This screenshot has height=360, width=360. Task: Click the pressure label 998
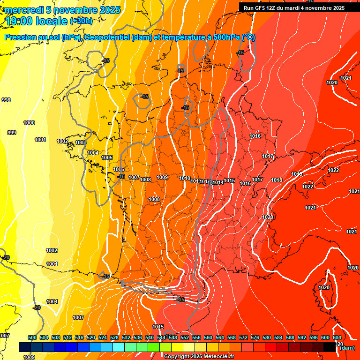point(6,100)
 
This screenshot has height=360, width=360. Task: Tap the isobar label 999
point(12,133)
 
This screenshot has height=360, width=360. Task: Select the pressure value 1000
point(29,123)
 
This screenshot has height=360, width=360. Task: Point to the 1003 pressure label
point(81,142)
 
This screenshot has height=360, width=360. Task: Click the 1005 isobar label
point(107,157)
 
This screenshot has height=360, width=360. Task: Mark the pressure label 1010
point(185,178)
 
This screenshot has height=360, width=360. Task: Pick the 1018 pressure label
point(277,180)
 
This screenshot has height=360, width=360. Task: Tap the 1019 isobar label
point(297,174)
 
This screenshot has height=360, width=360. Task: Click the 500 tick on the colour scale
point(32,337)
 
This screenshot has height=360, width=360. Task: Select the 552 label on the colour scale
point(185,337)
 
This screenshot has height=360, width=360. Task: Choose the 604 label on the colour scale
point(337,337)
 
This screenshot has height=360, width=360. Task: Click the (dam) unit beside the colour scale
point(347,347)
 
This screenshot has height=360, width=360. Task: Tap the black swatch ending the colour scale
point(330,347)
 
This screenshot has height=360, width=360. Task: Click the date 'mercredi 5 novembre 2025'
point(63,10)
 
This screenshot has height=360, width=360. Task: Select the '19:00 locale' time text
point(37,21)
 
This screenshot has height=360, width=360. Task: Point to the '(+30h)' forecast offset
point(81,21)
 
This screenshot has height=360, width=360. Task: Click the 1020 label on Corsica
point(324,287)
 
